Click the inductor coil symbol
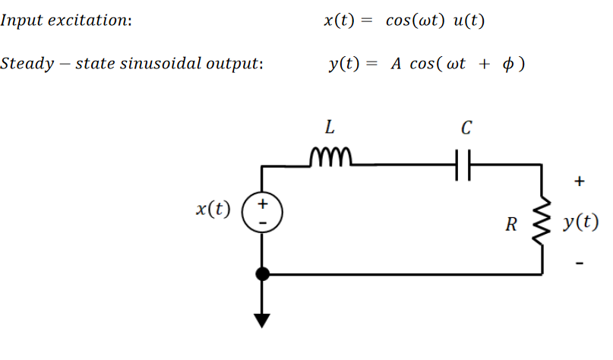point(332,157)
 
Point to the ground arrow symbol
point(263,319)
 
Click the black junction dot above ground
point(263,274)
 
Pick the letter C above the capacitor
point(465,127)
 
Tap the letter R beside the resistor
point(511,224)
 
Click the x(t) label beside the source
point(213,208)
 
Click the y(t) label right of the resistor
point(580,223)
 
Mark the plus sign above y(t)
point(580,182)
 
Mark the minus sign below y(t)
point(580,264)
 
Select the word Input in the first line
point(20,21)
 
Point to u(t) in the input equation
point(468,21)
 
